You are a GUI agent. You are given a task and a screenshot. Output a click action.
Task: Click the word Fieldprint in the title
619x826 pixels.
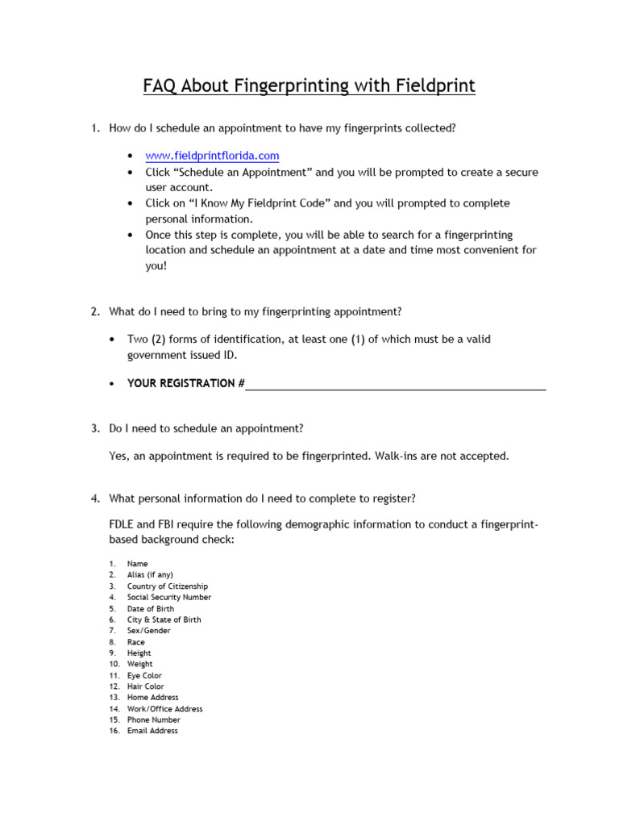pos(433,85)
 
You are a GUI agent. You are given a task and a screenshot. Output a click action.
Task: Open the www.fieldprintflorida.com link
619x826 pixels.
pos(212,155)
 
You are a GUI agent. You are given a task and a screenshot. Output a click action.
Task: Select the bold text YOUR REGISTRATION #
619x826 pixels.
pos(185,384)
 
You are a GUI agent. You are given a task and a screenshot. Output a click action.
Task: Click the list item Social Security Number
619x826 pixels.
pos(168,598)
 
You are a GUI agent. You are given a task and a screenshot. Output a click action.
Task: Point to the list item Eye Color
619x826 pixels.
pos(144,676)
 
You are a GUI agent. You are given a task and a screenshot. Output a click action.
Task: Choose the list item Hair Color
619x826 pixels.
pos(145,687)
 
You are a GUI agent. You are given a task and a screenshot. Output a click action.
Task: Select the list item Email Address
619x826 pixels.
pos(152,731)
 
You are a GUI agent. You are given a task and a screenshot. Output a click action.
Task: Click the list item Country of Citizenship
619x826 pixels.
pos(167,586)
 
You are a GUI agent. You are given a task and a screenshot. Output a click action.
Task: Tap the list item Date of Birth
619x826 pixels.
pos(150,609)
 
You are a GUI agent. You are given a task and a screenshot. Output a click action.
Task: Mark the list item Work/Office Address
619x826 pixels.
pos(164,709)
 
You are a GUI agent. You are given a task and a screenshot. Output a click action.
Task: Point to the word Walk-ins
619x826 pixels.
pos(396,457)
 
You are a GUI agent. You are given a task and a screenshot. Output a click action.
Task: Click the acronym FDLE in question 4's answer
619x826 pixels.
pos(121,525)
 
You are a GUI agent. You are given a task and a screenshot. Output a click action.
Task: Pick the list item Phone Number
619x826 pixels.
pos(153,720)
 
